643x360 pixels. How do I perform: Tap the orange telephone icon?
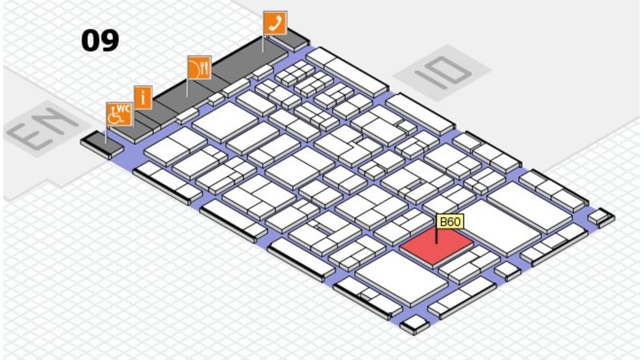point(275,23)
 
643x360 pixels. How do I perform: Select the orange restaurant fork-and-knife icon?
point(199,68)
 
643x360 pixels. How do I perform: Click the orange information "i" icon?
point(143,98)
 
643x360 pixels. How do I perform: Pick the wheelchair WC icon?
point(119,114)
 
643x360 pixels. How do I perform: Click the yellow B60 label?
point(449,221)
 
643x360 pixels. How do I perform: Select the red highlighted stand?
point(436,246)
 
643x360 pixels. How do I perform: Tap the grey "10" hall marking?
point(443,72)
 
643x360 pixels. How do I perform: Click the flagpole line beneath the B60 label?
point(436,236)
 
